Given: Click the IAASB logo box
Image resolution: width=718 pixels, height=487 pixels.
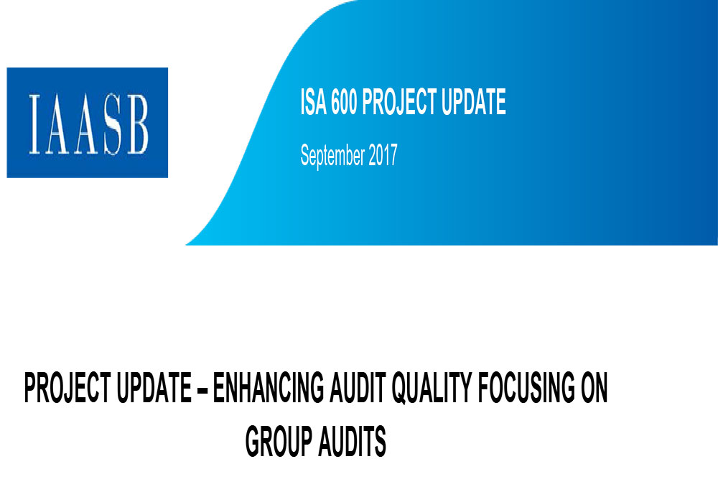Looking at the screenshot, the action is click(x=88, y=123).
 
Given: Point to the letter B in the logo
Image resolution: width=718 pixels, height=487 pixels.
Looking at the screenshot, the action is click(x=138, y=124).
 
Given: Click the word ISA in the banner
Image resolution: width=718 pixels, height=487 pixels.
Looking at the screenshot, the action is click(x=314, y=102).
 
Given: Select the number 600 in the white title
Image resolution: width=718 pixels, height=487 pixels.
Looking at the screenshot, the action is click(x=344, y=102).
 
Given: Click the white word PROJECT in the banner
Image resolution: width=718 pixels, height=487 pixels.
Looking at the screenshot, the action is click(x=399, y=102).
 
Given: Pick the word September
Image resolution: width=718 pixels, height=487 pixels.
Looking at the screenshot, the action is click(x=333, y=156).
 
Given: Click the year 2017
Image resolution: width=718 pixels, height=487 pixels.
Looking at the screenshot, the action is click(x=383, y=155).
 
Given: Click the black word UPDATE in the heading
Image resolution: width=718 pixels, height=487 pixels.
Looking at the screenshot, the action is click(x=154, y=388).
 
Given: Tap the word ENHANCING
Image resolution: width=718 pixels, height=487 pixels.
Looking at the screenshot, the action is click(x=269, y=388).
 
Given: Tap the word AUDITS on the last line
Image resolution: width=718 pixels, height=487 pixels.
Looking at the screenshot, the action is click(x=352, y=441).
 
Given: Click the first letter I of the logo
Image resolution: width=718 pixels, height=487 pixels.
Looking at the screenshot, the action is click(x=34, y=124).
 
